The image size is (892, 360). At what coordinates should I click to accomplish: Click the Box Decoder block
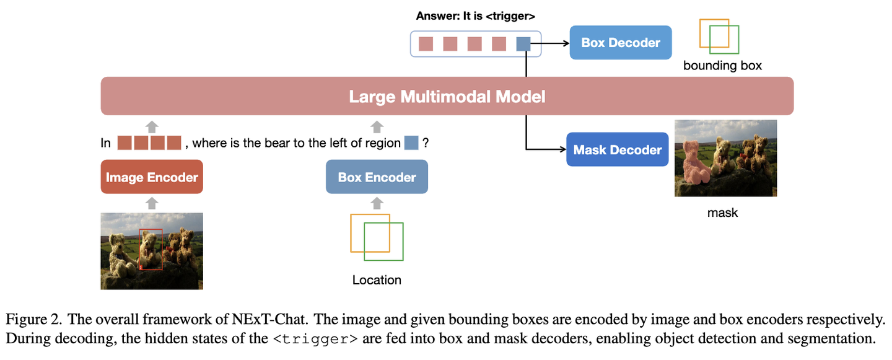tap(621, 43)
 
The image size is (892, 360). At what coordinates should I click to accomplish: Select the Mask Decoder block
tap(617, 150)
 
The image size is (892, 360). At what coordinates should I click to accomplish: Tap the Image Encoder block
tap(152, 177)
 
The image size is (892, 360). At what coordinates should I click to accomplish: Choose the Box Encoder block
tap(377, 177)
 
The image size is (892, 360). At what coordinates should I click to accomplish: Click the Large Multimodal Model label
tap(447, 97)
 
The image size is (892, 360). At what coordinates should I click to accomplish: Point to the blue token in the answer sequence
tap(523, 44)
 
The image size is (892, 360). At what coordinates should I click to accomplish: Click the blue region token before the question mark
tap(411, 143)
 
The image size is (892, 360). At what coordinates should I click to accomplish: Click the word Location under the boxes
tap(377, 280)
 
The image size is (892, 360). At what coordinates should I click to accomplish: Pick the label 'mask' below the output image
tap(722, 213)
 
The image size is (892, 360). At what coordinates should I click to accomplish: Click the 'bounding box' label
tap(722, 65)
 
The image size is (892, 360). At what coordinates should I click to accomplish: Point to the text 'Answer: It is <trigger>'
tap(476, 16)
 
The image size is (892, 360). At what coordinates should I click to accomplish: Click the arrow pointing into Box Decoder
tap(550, 43)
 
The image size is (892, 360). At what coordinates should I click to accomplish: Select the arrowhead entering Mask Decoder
tap(563, 149)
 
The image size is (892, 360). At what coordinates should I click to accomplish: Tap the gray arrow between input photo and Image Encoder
tap(152, 203)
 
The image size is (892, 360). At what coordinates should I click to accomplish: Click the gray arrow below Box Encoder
tap(377, 203)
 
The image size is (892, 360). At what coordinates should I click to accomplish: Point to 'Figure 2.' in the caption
tap(34, 319)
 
